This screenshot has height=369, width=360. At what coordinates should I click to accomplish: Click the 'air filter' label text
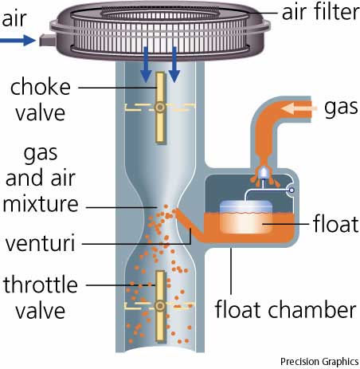(x=320, y=12)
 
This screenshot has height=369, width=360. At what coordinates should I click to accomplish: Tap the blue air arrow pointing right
(x=18, y=41)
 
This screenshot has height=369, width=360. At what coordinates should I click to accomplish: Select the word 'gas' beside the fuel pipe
(x=341, y=108)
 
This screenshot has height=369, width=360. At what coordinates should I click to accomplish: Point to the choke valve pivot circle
(x=160, y=108)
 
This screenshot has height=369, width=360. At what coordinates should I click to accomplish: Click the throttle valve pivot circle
(x=160, y=306)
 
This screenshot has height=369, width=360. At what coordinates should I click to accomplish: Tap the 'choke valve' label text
(x=41, y=100)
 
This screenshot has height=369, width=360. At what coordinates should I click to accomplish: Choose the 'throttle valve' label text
(x=41, y=297)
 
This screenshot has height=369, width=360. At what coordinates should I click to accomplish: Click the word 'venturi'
(x=40, y=243)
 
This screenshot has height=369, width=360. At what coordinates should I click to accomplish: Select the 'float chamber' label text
(x=285, y=309)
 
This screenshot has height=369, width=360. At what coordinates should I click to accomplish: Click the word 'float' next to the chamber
(x=336, y=224)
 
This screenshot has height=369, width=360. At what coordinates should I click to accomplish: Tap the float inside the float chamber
(x=246, y=217)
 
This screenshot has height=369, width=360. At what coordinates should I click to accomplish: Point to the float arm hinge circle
(x=292, y=190)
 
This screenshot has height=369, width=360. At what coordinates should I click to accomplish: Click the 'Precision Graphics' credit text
(x=319, y=362)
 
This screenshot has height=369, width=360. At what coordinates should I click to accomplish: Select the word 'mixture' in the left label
(x=41, y=204)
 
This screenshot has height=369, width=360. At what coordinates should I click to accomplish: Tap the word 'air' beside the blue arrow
(x=14, y=18)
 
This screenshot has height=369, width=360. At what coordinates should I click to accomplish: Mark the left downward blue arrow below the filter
(x=146, y=65)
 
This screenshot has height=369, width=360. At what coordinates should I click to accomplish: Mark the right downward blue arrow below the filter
(x=174, y=65)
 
